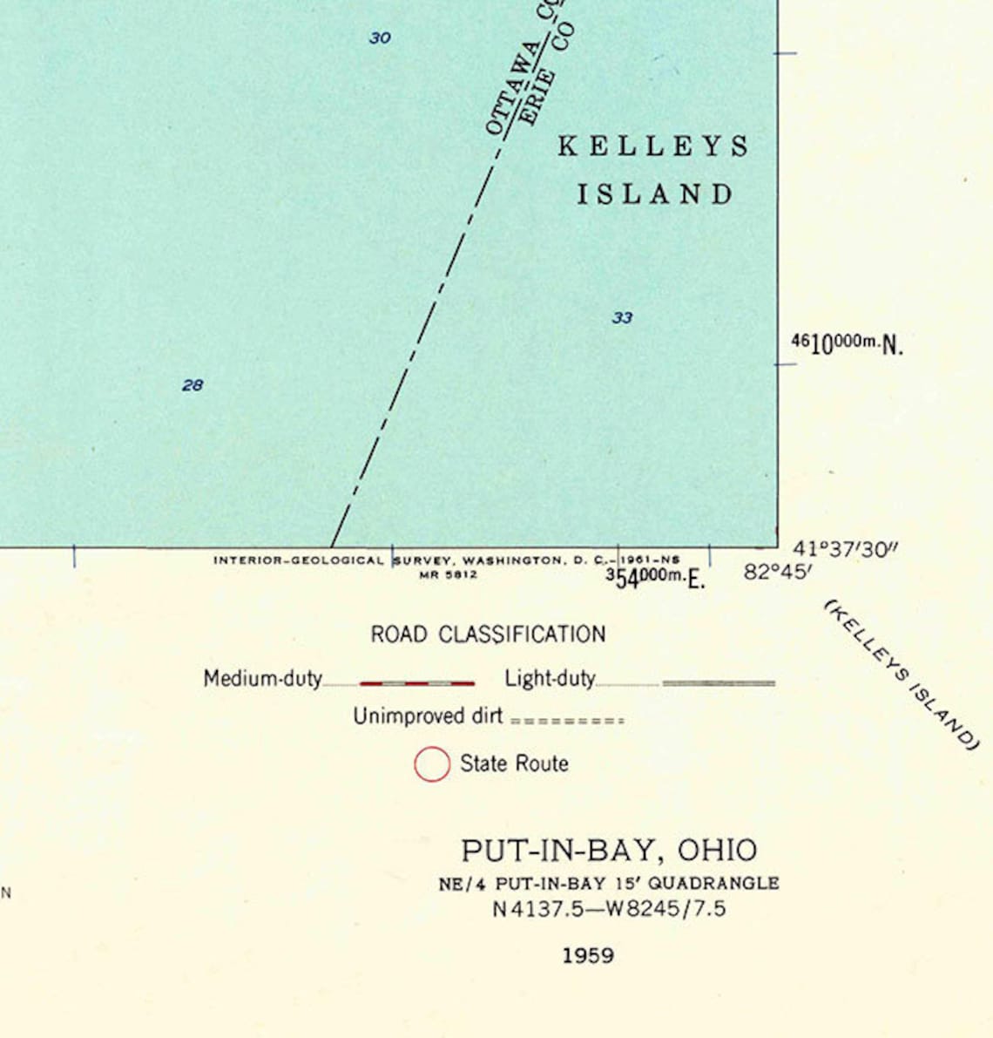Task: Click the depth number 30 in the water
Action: tap(380, 38)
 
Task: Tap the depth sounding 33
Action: tap(622, 318)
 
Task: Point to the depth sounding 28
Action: tap(193, 385)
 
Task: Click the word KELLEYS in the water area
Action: tap(653, 146)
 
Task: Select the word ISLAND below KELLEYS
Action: tap(656, 194)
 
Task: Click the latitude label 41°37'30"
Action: tap(845, 549)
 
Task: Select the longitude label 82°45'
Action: tap(778, 573)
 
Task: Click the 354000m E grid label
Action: tap(655, 578)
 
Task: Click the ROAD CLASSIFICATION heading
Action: tap(488, 634)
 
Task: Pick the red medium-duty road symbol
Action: tap(417, 683)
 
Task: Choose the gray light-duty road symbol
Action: tap(719, 683)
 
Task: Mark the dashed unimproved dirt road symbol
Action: tap(567, 721)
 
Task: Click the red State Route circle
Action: tap(432, 764)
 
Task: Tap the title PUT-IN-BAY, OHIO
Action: tap(609, 850)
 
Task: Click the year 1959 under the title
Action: tap(588, 955)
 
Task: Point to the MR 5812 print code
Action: tap(448, 574)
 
